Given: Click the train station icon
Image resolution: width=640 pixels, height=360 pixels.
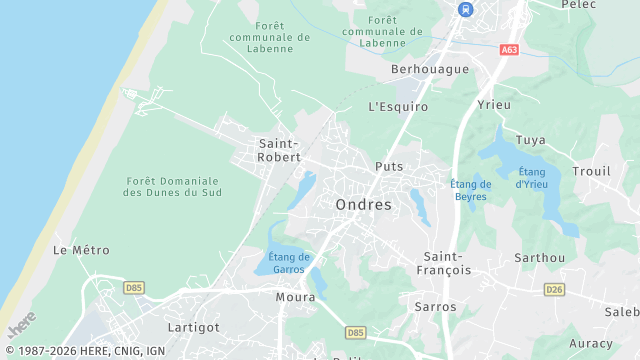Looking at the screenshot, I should coord(465,9).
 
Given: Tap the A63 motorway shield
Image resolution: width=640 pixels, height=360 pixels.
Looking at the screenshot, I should coord(510,49).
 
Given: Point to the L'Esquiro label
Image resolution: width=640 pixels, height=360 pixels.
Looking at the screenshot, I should coord(398,106).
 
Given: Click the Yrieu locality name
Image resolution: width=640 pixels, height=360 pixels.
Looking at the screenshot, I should coord(494,105).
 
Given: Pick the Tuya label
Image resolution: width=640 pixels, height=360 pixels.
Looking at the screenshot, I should coord(530,140).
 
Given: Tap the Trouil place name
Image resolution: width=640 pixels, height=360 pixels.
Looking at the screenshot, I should coord(591,171).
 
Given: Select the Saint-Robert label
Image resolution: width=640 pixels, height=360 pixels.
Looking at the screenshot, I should coord(279,150).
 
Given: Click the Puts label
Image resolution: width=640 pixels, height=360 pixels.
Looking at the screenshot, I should coord(388,166).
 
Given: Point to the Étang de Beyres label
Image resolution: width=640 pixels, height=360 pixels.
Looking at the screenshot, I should coord(470,190).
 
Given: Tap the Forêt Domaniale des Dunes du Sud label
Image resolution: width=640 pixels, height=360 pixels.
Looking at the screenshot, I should coord(173,186).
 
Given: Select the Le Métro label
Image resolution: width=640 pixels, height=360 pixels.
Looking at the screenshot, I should coord(81,250).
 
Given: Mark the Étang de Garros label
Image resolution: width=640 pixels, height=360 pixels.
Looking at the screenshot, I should coord(289,263).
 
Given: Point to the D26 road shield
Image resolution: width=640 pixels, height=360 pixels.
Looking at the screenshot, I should coord(554,289).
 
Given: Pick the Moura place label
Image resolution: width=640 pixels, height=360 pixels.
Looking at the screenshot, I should coord(295,297).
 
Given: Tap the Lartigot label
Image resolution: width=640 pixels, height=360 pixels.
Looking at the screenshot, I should coord(193,327).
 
